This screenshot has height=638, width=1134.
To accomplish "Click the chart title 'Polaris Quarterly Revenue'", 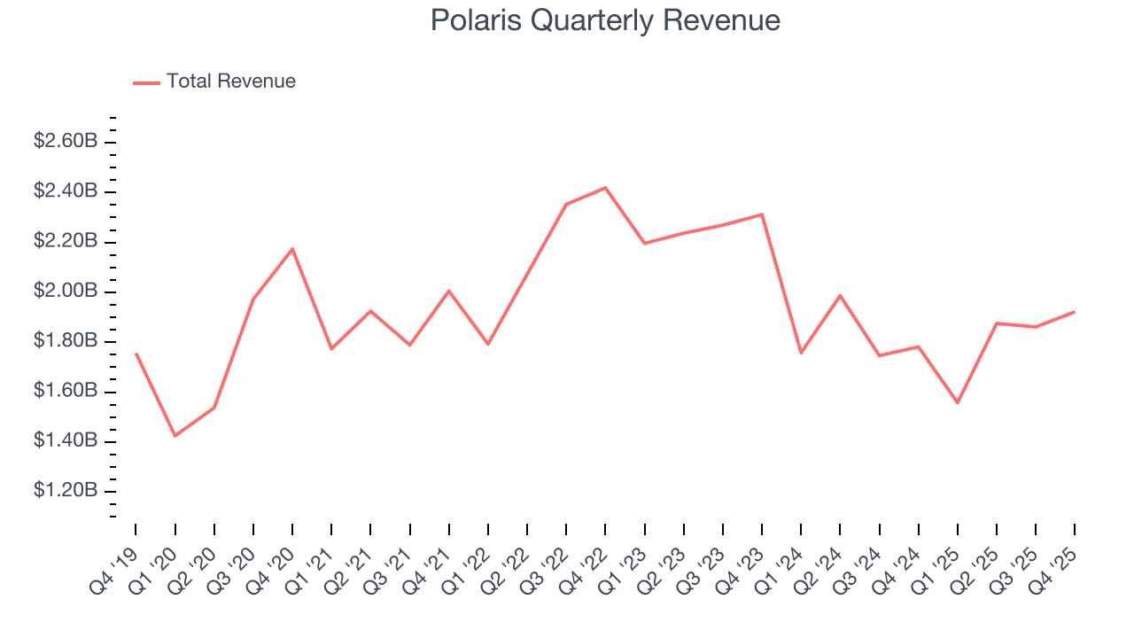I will (605, 20).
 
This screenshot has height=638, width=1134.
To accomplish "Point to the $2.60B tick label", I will (66, 142).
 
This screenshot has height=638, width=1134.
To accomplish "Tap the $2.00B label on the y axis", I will (66, 292).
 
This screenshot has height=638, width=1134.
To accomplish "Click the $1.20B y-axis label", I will (66, 492).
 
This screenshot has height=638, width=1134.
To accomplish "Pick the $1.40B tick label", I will (66, 441).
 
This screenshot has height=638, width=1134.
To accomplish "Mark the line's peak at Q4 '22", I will (605, 188).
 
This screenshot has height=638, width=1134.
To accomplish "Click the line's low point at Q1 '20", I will (175, 436).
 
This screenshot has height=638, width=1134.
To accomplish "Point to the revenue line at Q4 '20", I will (292, 249).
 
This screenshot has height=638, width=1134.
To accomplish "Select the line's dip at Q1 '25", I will (958, 403).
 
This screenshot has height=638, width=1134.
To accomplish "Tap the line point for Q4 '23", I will (762, 214).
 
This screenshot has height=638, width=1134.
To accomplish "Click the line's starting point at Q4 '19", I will (136, 354).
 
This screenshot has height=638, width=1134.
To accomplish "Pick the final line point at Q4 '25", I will (1075, 312).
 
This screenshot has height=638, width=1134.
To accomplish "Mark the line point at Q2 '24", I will (840, 295).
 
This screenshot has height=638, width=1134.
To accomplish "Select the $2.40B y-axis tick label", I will (66, 191).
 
